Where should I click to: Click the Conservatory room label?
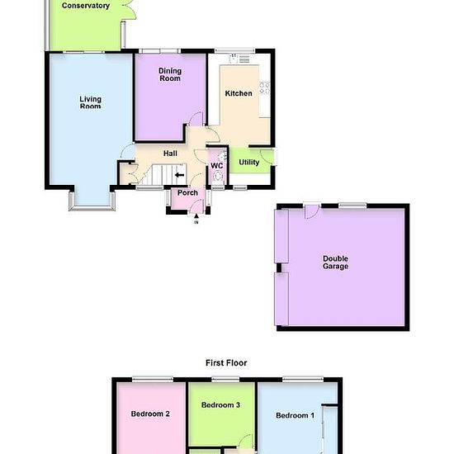pos(86,6)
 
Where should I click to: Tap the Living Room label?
pos(90,102)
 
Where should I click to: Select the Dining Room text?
pos(170,74)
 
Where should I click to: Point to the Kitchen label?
pos(239,93)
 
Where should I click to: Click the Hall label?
pos(170,154)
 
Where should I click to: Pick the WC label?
pos(217,166)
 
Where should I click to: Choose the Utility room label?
pos(249,162)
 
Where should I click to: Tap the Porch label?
pos(187,192)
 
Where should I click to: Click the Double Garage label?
pos(335,262)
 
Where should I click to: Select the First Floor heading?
pos(226,363)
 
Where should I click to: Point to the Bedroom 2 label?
pos(150,414)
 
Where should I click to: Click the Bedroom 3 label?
pos(220,404)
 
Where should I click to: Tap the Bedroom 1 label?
pos(295,415)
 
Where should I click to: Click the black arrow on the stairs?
pos(179,175)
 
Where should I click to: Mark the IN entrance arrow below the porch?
pos(196,215)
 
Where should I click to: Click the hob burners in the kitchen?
pos(264,88)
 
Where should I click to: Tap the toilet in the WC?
pos(218,177)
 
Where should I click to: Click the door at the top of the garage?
pos(312,210)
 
